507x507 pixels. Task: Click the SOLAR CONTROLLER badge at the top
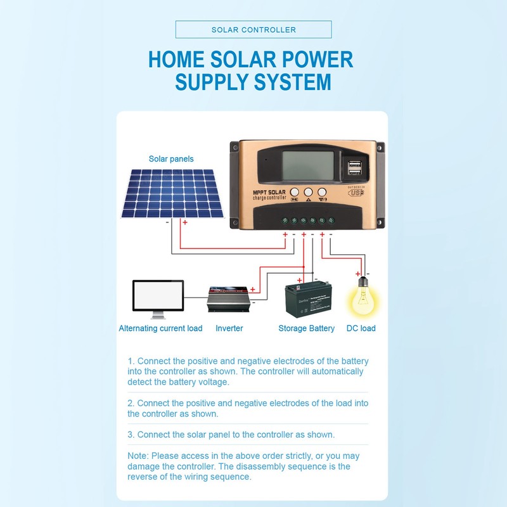(x=253, y=30)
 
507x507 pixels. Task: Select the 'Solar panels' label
(x=171, y=159)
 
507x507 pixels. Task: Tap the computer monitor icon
(x=158, y=298)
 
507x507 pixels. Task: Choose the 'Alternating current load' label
(x=161, y=328)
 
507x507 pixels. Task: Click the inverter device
(x=229, y=298)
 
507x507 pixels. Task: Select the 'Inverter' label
(x=229, y=328)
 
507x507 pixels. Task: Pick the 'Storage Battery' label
(x=307, y=328)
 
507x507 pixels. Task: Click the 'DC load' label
(x=361, y=328)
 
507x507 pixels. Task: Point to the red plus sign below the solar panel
(x=185, y=222)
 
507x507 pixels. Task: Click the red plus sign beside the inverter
(x=253, y=290)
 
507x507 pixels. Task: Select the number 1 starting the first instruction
(x=130, y=361)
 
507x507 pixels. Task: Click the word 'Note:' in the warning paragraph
(x=138, y=456)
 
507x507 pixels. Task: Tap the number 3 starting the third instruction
(x=130, y=435)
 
